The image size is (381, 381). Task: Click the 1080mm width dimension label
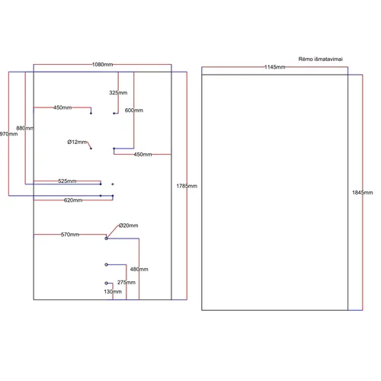click(x=102, y=65)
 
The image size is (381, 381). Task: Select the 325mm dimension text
click(x=118, y=93)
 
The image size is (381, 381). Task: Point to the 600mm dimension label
click(x=134, y=110)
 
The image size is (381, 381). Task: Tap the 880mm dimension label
click(x=25, y=128)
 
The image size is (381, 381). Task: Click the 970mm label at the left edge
click(x=8, y=134)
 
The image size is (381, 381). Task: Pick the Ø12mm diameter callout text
click(x=77, y=142)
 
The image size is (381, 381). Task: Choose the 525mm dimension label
click(x=67, y=181)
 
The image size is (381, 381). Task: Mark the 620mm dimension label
click(x=73, y=200)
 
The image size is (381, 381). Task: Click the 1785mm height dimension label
click(x=187, y=186)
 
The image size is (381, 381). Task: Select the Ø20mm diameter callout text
click(x=129, y=226)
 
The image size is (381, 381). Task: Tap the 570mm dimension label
click(x=70, y=235)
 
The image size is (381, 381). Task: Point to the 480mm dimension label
click(x=139, y=269)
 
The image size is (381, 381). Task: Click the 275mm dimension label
click(x=126, y=283)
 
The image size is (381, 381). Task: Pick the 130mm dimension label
click(x=113, y=292)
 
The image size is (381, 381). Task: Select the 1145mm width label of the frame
click(x=275, y=67)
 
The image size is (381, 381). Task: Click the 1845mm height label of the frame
click(x=363, y=193)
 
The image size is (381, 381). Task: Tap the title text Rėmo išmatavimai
click(x=321, y=59)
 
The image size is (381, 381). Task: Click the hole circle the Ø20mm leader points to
click(x=106, y=239)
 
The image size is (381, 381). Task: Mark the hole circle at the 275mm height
click(x=106, y=264)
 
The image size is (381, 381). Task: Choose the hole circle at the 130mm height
click(x=106, y=283)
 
